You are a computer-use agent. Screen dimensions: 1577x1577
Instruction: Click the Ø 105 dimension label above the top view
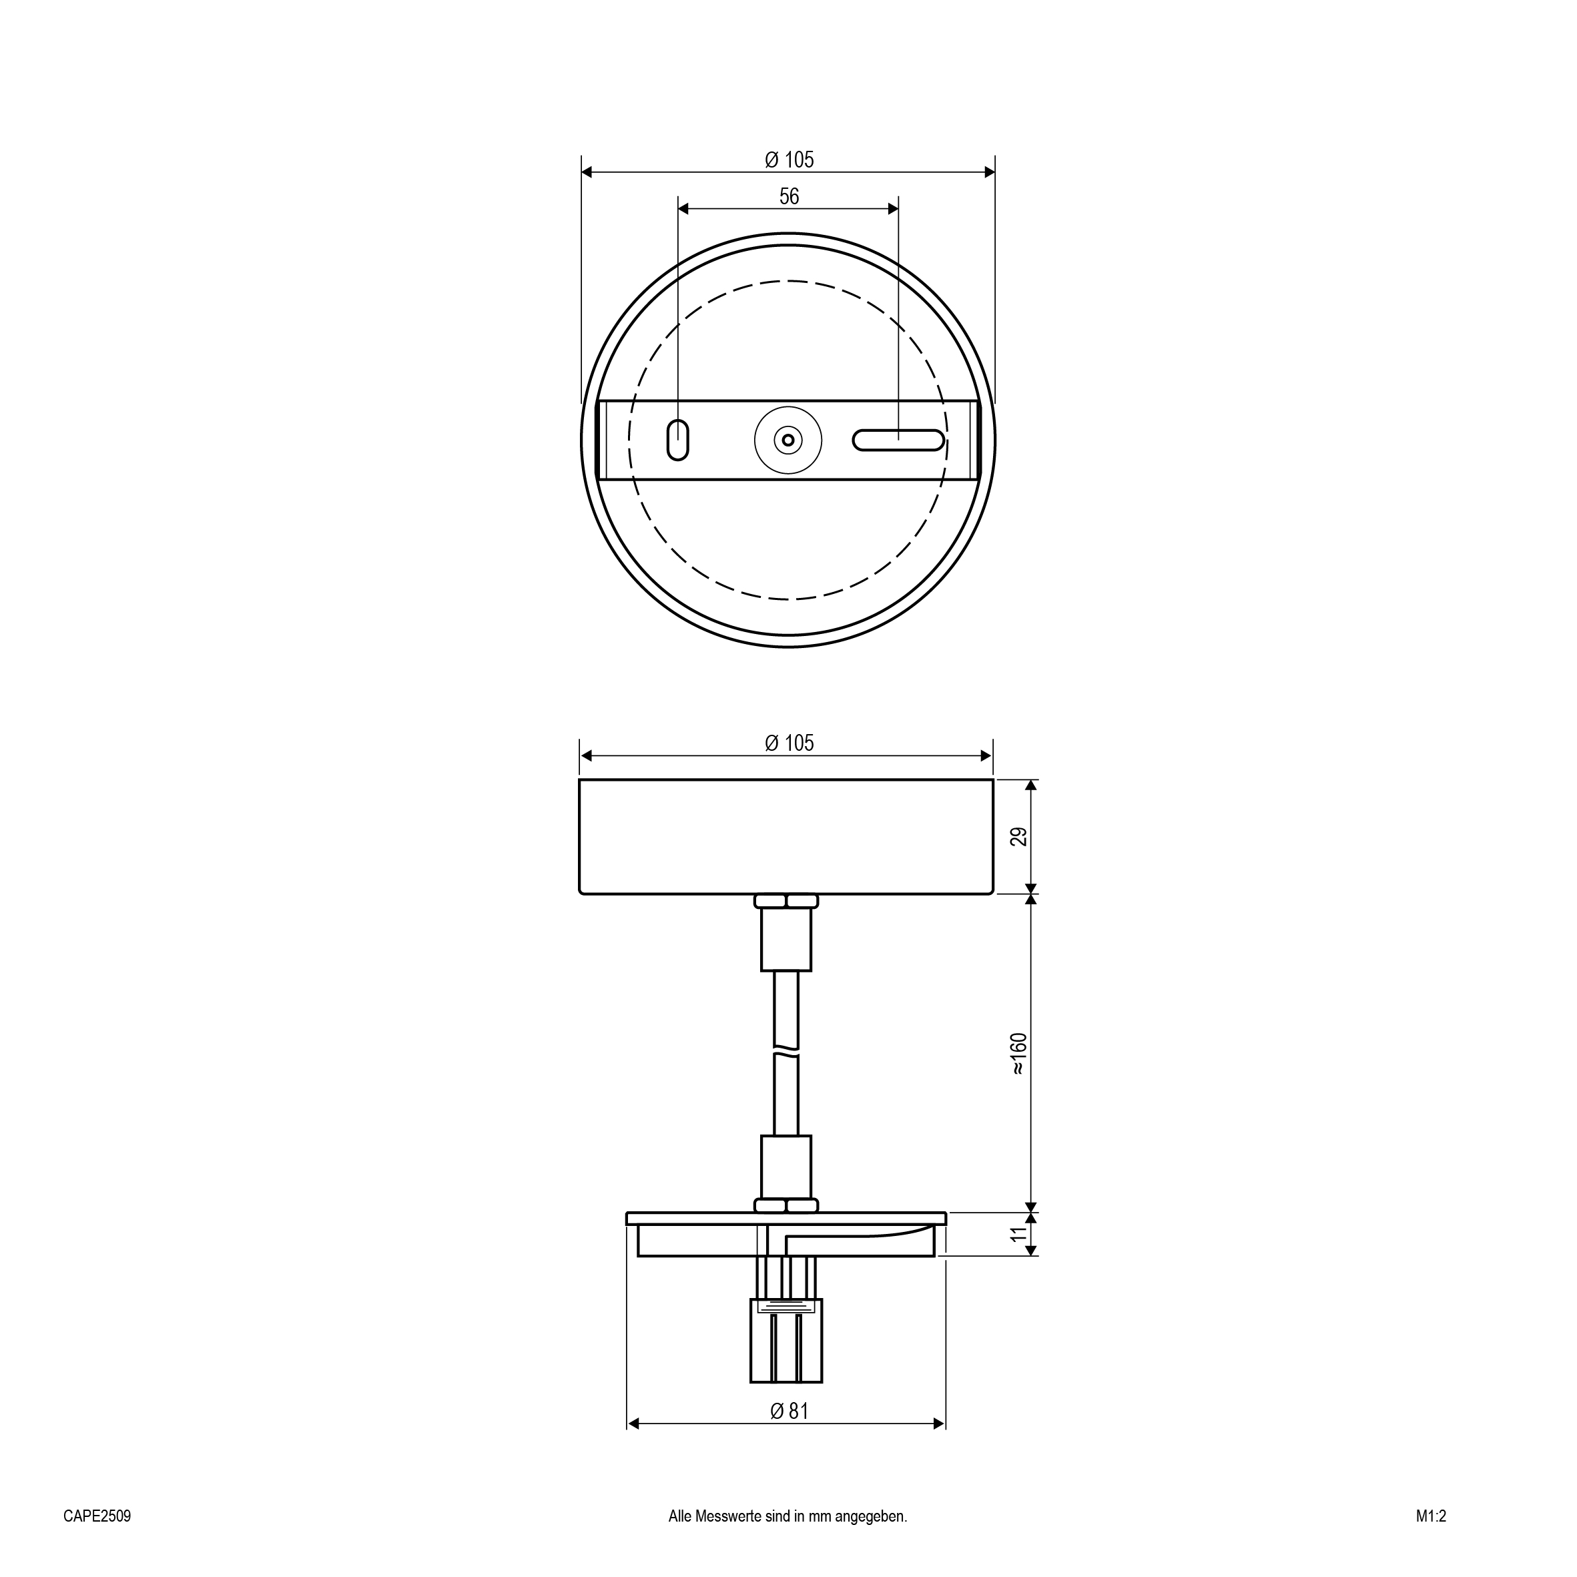[789, 160]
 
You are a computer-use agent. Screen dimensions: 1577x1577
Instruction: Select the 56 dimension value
[789, 197]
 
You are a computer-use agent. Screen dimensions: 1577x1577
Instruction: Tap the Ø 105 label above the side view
[789, 743]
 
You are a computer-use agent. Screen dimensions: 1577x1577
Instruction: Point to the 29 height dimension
[1018, 837]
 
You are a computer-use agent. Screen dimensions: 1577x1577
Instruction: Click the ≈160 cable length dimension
[1018, 1054]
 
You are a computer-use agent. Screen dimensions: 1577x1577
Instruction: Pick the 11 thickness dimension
[1018, 1234]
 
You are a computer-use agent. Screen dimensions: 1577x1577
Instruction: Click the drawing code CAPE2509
[97, 1516]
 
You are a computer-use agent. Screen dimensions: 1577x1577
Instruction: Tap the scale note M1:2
[1431, 1516]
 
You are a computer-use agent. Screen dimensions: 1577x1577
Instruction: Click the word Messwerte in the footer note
[728, 1516]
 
